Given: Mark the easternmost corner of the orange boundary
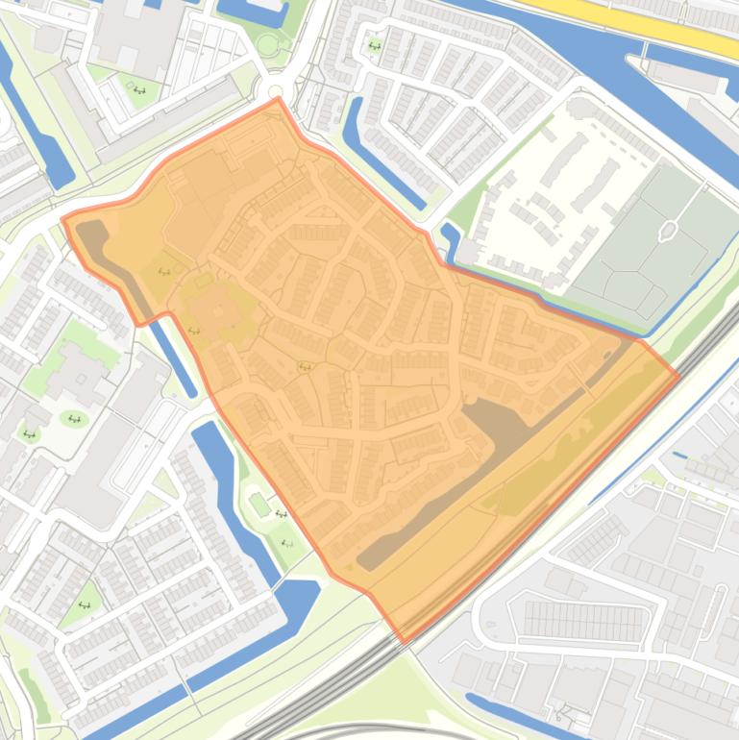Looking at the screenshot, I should [678, 375].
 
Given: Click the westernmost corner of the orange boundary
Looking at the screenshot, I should [63, 219].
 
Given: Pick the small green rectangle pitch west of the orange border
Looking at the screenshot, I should [259, 502].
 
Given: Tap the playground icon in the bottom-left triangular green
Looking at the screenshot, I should [84, 604].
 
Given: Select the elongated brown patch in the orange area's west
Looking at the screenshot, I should [111, 255].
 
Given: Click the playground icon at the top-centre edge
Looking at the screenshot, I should [374, 45].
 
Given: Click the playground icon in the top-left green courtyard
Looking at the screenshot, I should [139, 90].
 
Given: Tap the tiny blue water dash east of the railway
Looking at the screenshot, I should [680, 455].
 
